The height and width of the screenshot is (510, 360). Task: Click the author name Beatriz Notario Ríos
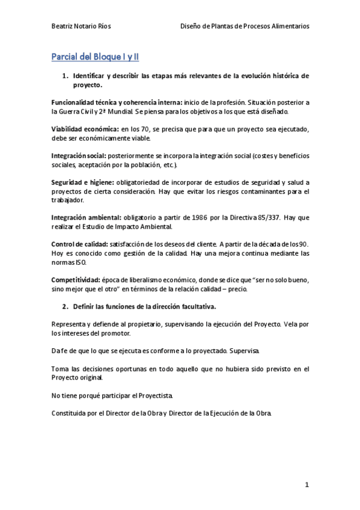coord(81,26)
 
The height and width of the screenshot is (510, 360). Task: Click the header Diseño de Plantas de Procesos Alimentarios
coord(245,26)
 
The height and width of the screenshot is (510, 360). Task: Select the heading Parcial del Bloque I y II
coord(95,57)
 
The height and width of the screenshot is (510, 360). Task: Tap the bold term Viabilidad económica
coord(85,129)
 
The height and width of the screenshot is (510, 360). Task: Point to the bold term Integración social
coord(80,155)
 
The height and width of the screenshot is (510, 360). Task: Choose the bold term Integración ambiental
coord(86,217)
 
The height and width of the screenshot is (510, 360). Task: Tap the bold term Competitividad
coord(75,280)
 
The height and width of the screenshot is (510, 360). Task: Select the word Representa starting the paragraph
coord(69,324)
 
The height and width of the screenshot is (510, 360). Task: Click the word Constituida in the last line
coord(72,414)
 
